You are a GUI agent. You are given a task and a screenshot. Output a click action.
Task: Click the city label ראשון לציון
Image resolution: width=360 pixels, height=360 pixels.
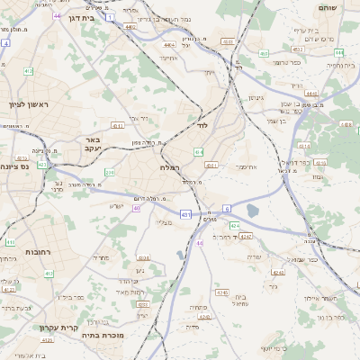point(31,105)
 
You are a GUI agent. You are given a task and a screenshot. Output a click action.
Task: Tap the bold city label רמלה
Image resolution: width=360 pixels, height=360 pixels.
point(170,167)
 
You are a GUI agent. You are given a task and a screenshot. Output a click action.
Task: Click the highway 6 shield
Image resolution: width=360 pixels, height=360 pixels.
point(228,208)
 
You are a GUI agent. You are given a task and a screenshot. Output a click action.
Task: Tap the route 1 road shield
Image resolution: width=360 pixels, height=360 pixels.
point(109,17)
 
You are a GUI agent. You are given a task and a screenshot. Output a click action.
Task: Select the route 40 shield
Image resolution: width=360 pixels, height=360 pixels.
point(137,208)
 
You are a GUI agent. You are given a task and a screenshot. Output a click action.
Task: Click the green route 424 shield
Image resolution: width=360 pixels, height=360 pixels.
point(236,225)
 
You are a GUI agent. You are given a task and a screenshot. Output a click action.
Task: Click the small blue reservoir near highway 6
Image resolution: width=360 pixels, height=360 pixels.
point(250,211)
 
